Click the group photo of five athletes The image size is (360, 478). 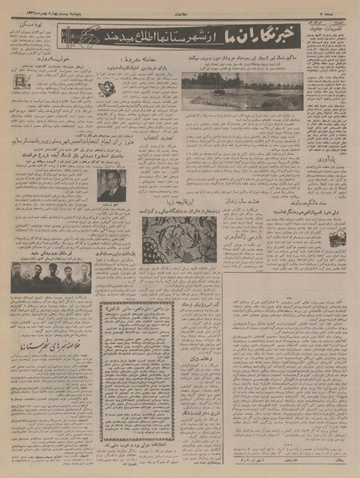[x=48, y=277]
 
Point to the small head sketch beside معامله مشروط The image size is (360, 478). [x=105, y=89]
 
